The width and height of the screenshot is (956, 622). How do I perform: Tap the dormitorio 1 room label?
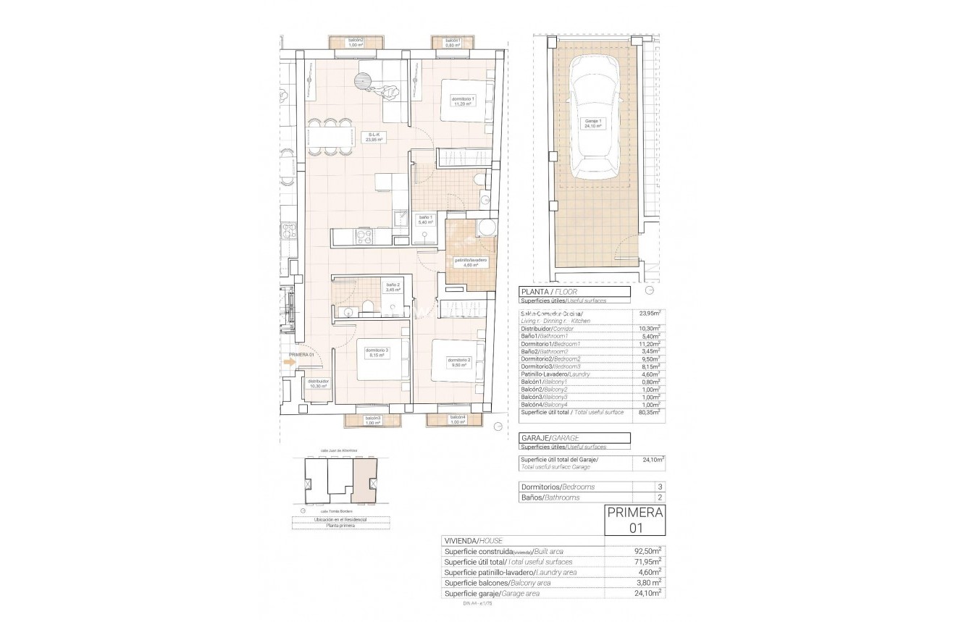[464, 101]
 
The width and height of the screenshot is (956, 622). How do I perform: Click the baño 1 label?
[425, 219]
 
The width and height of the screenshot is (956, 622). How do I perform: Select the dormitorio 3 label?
[377, 353]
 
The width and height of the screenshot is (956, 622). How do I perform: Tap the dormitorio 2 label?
[459, 362]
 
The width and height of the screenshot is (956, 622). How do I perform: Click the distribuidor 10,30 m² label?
[318, 384]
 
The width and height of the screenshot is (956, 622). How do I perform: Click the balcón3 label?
[373, 419]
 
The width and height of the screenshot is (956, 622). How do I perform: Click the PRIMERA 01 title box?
[634, 521]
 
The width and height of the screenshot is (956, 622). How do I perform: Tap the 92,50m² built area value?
[649, 552]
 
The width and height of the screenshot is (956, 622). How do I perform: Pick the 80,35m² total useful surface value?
[649, 411]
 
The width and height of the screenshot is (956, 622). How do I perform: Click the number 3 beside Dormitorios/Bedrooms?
[658, 487]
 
